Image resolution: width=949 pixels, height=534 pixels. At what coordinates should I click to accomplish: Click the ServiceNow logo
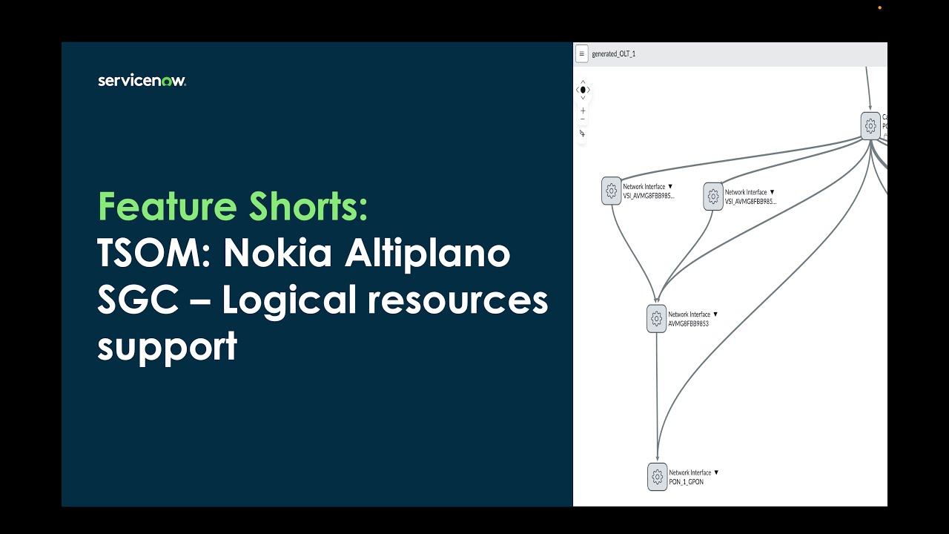142,81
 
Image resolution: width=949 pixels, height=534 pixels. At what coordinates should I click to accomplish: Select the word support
167,346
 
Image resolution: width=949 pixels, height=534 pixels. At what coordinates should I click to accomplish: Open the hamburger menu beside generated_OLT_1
582,53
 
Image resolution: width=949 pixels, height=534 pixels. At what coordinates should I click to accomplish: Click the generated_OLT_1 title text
613,54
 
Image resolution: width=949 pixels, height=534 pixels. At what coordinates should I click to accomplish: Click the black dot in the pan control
583,90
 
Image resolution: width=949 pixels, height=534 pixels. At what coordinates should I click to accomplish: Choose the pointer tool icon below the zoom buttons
583,133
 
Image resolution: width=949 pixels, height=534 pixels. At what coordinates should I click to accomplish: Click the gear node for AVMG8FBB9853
656,319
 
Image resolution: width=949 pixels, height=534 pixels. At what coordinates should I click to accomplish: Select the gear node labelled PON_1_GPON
657,477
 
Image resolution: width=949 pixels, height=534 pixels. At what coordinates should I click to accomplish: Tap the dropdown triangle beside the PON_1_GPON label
716,472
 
